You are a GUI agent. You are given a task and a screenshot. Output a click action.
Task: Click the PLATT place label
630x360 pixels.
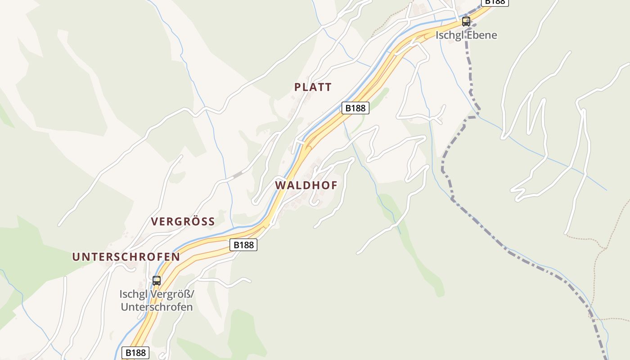[313, 87]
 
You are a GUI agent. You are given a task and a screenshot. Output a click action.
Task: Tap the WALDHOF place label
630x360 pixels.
[306, 185]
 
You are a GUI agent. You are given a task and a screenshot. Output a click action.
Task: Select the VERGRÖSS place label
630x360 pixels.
[183, 221]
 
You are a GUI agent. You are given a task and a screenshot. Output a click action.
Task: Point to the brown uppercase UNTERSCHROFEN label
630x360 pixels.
[126, 257]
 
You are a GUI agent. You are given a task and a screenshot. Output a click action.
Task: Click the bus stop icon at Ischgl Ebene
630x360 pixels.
[466, 21]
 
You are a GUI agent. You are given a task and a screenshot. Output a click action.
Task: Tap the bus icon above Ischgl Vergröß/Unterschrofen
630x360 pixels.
[156, 280]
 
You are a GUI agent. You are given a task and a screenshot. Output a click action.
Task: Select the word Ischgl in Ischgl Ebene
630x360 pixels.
[450, 35]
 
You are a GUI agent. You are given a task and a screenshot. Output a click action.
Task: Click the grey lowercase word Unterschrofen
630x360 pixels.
[157, 307]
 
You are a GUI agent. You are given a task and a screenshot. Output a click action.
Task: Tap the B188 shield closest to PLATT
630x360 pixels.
[355, 108]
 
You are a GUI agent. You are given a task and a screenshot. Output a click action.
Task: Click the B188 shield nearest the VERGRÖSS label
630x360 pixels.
[243, 245]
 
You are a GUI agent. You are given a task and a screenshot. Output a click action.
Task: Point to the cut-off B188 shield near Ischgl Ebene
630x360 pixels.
[495, 2]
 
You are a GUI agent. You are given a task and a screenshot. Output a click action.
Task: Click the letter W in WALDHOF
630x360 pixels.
[280, 185]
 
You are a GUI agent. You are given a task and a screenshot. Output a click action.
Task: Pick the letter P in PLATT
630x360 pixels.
[297, 87]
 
